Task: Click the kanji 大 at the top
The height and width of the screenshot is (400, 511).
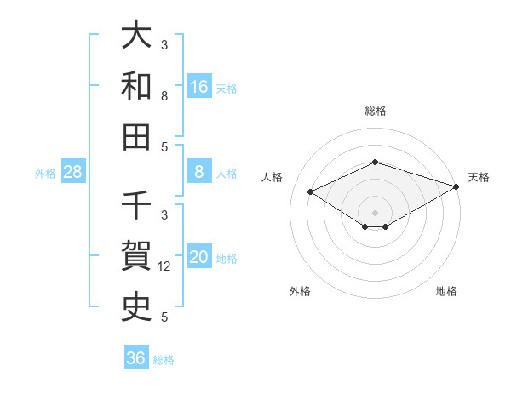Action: point(136,36)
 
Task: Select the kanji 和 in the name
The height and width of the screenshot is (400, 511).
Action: point(136,86)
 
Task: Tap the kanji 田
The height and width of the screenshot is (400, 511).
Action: point(136,136)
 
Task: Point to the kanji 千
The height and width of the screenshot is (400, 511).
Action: point(136,206)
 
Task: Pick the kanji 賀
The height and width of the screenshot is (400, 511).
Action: point(136,256)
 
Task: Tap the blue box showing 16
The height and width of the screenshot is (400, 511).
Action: point(199,87)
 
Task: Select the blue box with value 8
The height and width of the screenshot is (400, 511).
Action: point(199,172)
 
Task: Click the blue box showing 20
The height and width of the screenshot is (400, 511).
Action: point(199,257)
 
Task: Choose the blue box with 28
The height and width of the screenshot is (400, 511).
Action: point(73,172)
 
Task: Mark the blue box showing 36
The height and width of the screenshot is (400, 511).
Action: point(136,358)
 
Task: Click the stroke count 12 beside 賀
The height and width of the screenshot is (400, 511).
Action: point(165,266)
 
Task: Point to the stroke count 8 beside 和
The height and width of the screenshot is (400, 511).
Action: point(164,96)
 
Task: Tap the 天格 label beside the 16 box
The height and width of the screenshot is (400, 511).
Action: point(227,89)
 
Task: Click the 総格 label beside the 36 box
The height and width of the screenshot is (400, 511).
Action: point(164,360)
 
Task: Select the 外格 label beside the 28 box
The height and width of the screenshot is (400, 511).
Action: point(45,174)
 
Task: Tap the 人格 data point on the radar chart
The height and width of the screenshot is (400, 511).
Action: point(311,191)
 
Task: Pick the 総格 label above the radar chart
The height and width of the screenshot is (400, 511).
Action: point(376,111)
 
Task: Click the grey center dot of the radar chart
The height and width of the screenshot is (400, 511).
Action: point(376,212)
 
